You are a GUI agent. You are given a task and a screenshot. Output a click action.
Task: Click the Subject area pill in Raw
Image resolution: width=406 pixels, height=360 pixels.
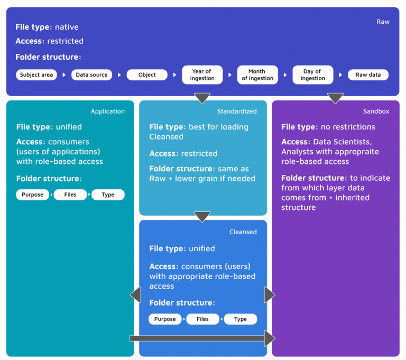click(36, 75)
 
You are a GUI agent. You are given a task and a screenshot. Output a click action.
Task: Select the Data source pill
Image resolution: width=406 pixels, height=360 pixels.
click(91, 75)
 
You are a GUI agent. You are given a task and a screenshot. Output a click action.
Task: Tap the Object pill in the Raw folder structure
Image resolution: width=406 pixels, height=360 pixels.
click(147, 75)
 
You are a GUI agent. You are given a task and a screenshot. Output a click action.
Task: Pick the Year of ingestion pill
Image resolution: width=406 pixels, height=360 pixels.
click(202, 75)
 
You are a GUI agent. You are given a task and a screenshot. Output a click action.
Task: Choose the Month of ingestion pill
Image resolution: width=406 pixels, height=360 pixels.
click(257, 75)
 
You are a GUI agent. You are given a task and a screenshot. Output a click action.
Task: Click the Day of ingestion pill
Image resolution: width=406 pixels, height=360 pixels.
click(312, 75)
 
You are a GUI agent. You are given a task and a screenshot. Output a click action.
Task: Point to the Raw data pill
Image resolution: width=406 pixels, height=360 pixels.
click(368, 75)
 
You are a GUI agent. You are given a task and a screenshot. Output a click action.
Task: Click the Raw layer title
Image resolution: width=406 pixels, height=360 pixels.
click(383, 22)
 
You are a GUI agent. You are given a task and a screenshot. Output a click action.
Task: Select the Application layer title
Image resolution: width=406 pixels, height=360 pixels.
click(108, 112)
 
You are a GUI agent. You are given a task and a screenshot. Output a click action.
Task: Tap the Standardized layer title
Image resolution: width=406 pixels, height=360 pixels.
click(237, 112)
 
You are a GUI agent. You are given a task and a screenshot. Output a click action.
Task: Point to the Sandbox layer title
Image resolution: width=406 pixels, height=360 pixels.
click(376, 112)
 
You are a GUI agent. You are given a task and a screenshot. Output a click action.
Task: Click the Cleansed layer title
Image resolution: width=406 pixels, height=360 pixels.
click(243, 232)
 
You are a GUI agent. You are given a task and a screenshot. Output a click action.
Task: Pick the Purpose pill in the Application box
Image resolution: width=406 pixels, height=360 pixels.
click(33, 195)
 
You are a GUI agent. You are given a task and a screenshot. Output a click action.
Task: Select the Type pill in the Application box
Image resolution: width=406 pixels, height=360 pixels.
click(108, 195)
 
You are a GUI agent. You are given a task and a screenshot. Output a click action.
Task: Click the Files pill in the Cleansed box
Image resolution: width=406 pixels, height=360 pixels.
click(202, 319)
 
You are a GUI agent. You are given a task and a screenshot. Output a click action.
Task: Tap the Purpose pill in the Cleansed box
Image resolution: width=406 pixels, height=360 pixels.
click(165, 319)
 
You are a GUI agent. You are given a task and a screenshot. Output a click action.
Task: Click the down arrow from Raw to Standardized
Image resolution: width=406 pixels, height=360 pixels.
click(202, 98)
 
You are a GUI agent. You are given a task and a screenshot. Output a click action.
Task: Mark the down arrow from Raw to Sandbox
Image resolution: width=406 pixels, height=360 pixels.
click(335, 98)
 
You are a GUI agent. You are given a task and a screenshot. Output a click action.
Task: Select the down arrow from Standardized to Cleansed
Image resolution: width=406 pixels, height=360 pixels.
click(202, 217)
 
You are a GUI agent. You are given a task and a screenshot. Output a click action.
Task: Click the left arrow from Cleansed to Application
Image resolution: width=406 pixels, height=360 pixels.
click(136, 295)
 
